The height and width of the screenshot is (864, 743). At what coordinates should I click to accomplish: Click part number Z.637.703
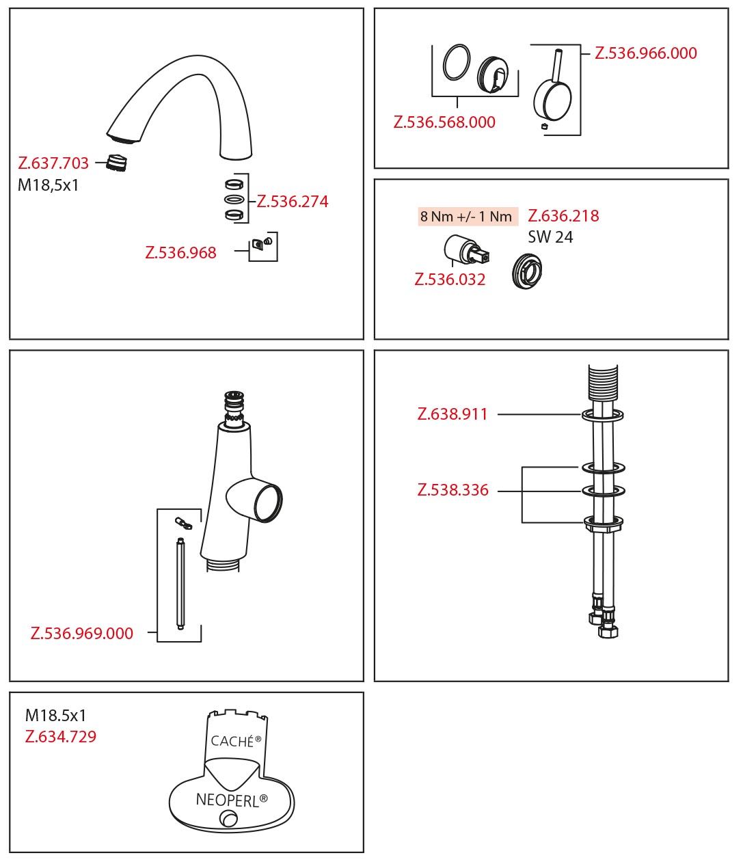pyautogui.click(x=53, y=163)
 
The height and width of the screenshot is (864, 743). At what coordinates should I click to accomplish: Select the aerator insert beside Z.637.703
pyautogui.click(x=116, y=162)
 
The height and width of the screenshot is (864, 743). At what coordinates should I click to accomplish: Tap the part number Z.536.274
pyautogui.click(x=293, y=202)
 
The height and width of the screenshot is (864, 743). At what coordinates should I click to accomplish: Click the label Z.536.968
pyautogui.click(x=180, y=252)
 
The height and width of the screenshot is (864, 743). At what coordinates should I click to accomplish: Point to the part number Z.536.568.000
pyautogui.click(x=444, y=122)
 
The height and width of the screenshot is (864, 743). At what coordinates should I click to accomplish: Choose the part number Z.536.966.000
pyautogui.click(x=646, y=53)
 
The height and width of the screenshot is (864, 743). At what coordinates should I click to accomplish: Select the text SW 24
pyautogui.click(x=550, y=237)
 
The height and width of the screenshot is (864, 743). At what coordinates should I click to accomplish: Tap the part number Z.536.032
pyautogui.click(x=450, y=279)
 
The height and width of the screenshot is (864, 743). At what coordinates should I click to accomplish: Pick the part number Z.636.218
pyautogui.click(x=563, y=216)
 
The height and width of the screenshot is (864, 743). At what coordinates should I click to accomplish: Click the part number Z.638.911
pyautogui.click(x=452, y=414)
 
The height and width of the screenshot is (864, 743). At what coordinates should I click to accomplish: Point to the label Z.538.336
pyautogui.click(x=453, y=490)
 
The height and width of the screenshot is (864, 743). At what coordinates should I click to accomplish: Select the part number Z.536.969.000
pyautogui.click(x=82, y=633)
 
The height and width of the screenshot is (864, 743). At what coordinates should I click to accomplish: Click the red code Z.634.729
pyautogui.click(x=61, y=736)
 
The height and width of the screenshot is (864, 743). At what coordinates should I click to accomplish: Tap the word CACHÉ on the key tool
pyautogui.click(x=232, y=741)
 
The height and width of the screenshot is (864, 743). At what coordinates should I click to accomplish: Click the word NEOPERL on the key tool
pyautogui.click(x=228, y=800)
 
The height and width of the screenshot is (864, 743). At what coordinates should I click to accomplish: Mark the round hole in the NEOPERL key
pyautogui.click(x=229, y=818)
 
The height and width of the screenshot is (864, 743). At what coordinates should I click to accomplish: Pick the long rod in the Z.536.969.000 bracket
pyautogui.click(x=180, y=584)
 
